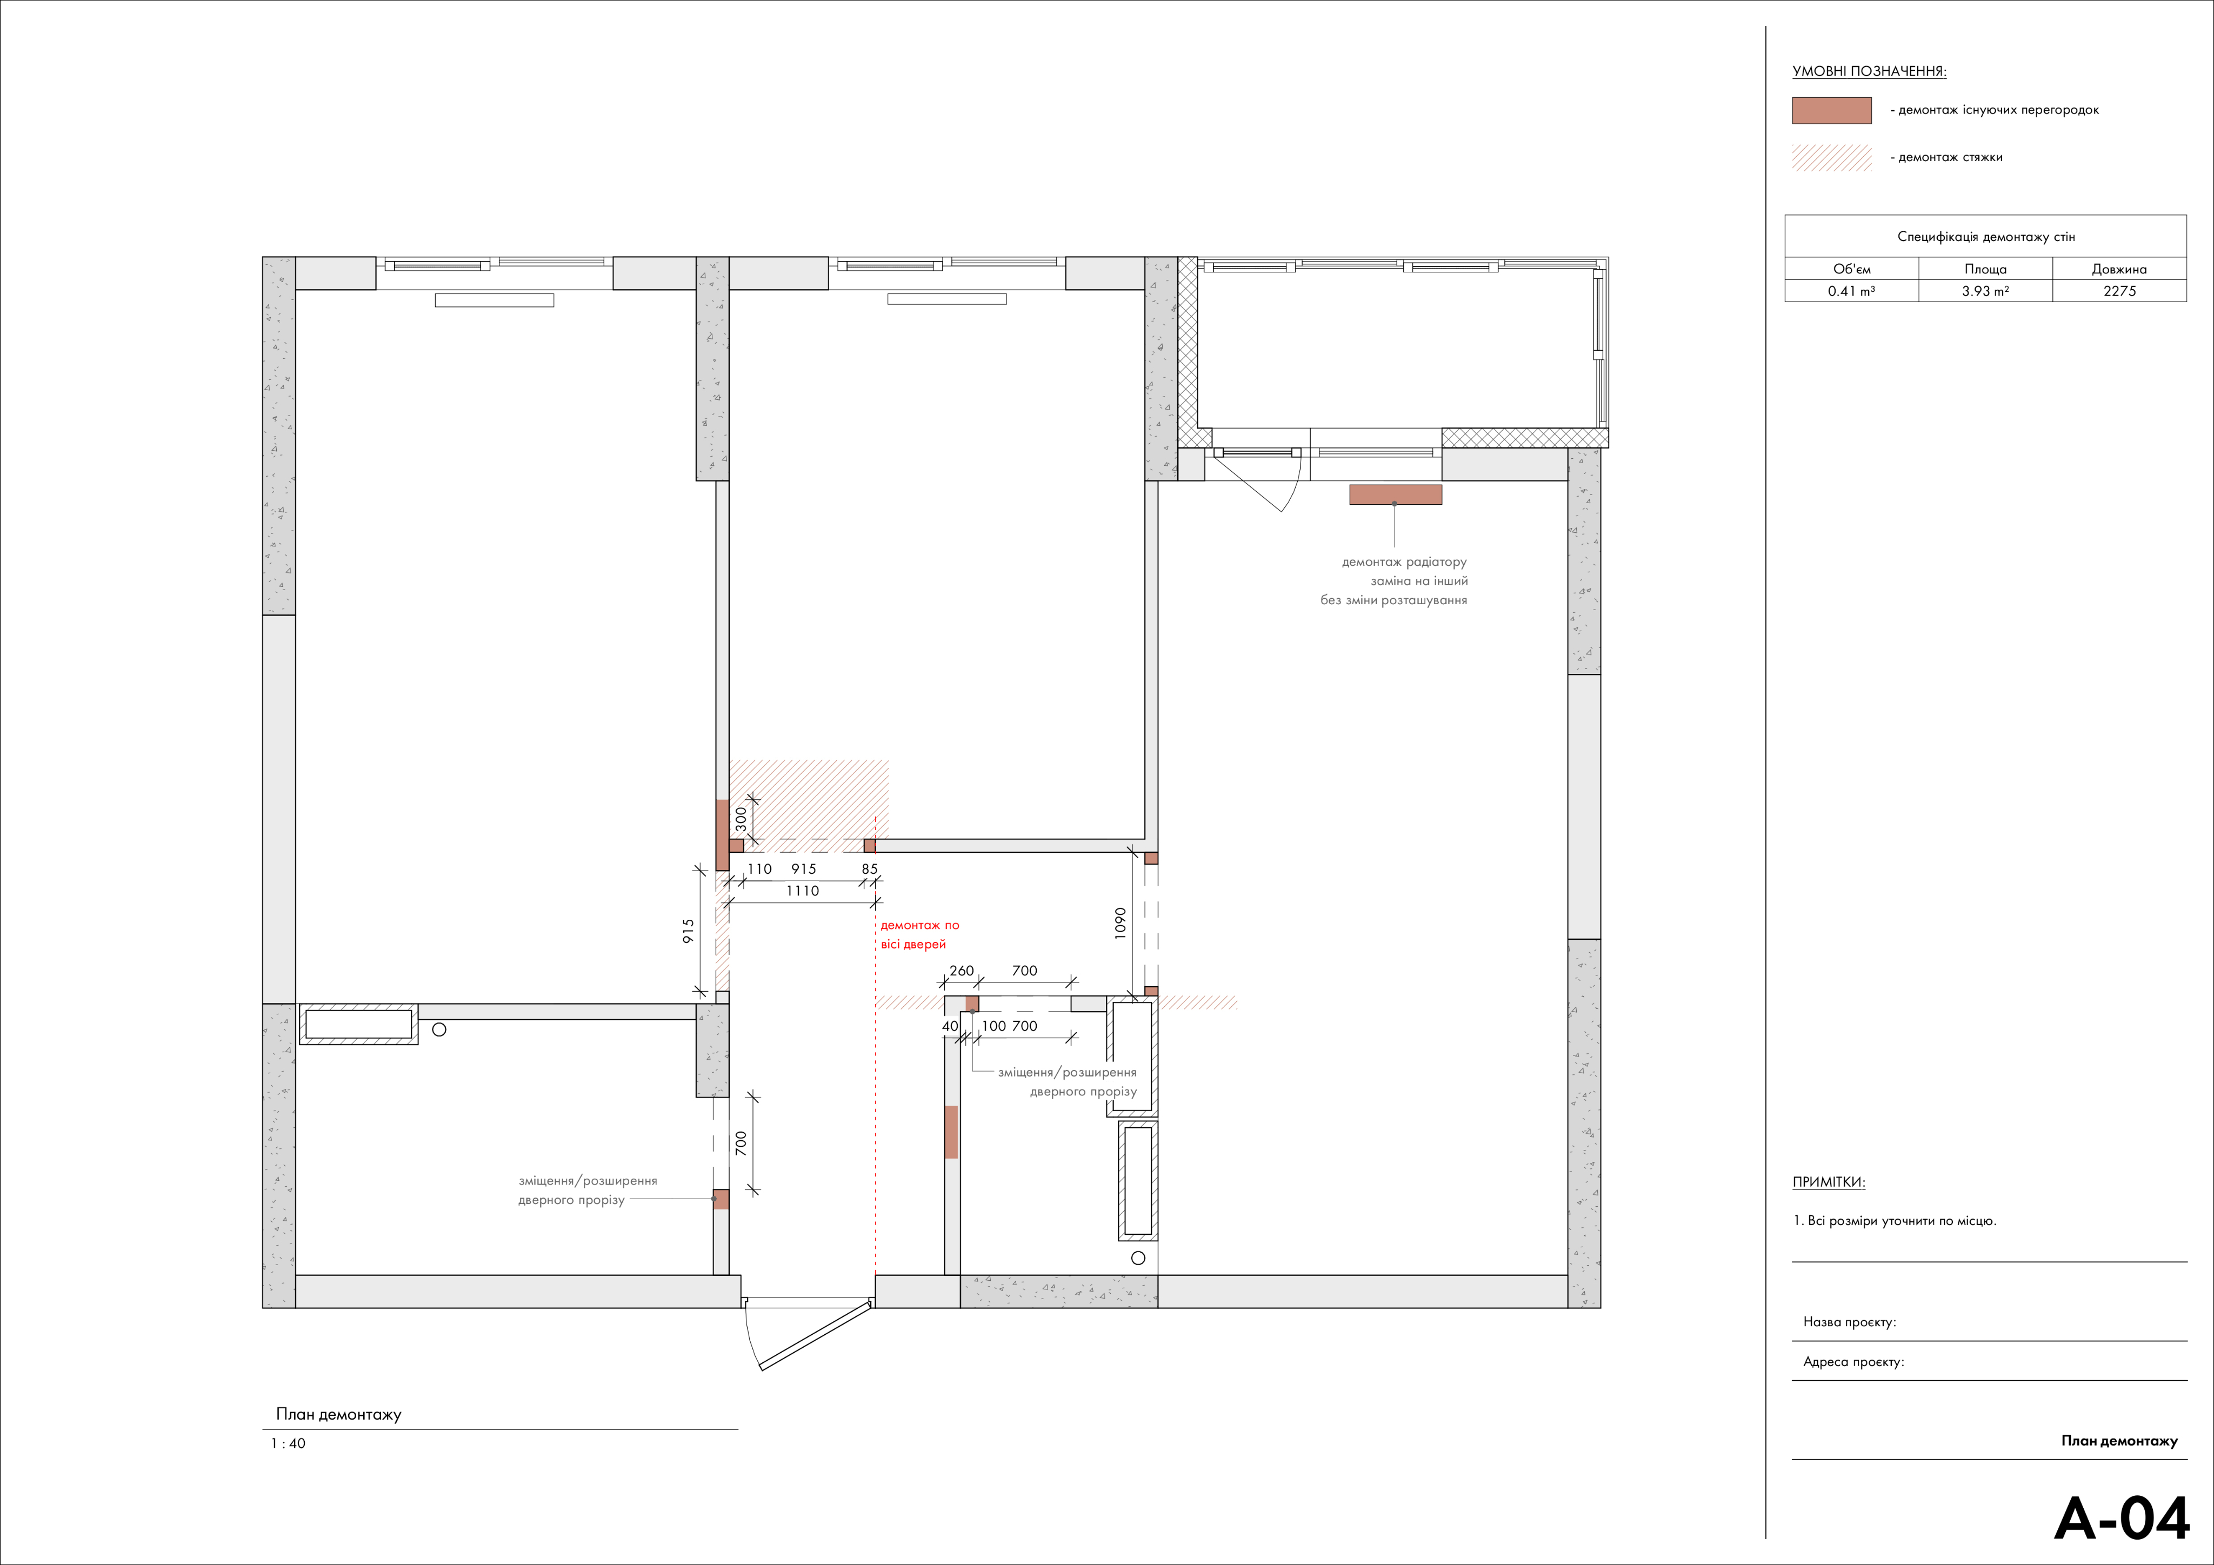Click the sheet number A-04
click(x=2122, y=1519)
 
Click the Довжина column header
click(x=2119, y=269)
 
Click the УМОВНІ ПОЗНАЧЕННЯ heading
click(x=1869, y=71)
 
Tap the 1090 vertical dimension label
click(x=1119, y=923)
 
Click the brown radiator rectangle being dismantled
click(x=1395, y=494)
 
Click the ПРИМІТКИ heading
click(x=1828, y=1182)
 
